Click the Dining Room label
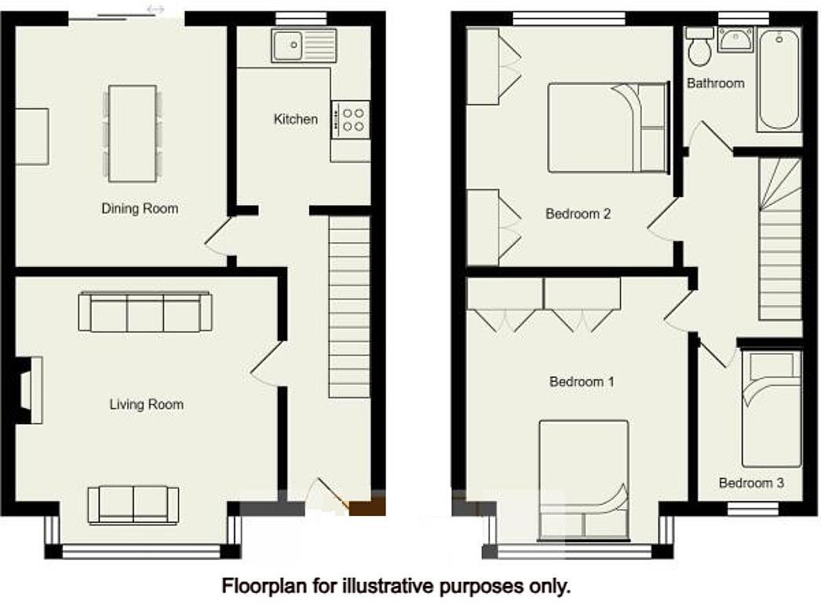click(140, 209)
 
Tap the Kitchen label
click(296, 119)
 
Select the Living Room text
click(146, 404)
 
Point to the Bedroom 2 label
click(578, 214)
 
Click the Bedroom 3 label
click(751, 483)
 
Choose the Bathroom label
click(715, 82)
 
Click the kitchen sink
click(303, 46)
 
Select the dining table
click(132, 133)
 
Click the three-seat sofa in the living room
click(145, 312)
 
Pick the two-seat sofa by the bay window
click(133, 504)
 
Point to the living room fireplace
click(30, 390)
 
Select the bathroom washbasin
click(736, 38)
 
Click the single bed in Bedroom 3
click(772, 408)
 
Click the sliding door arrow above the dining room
click(155, 9)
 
